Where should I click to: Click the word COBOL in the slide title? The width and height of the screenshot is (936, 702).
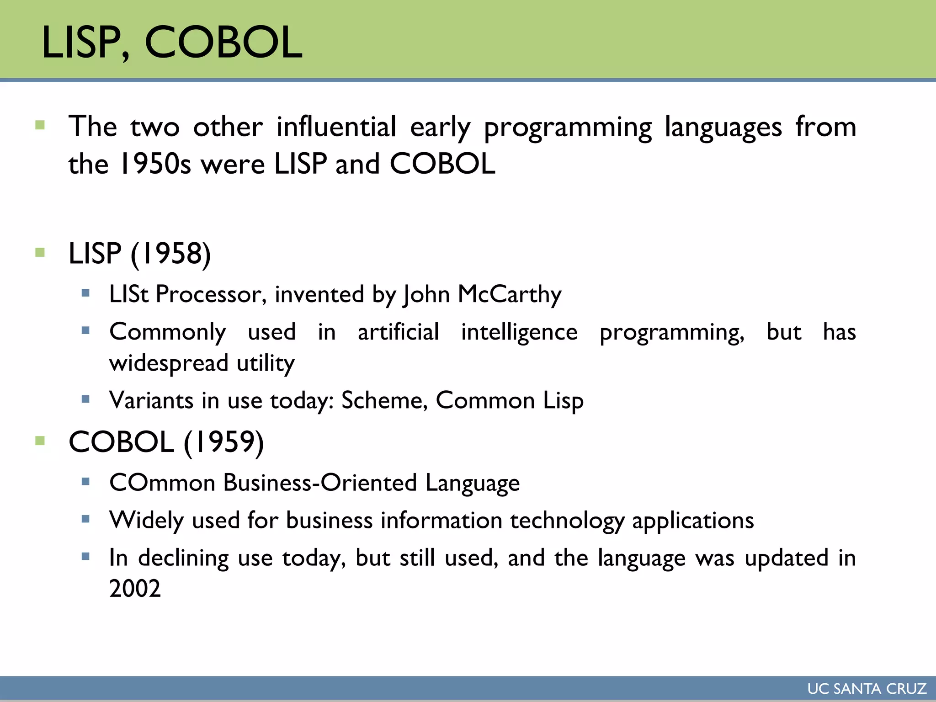point(223,42)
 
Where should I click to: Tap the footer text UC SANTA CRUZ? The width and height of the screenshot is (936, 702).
point(867,688)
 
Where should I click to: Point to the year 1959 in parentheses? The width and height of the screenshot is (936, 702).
point(223,442)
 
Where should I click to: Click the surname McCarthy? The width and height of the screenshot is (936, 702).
point(509,294)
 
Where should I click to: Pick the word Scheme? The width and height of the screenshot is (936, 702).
point(384,400)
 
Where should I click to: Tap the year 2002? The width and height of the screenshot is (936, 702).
point(135,588)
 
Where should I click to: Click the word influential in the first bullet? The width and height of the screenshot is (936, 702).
point(336,127)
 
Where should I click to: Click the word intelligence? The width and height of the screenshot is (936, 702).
point(519,332)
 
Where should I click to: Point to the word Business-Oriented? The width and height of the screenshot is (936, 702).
point(320,483)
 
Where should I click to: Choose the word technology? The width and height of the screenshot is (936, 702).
point(567,521)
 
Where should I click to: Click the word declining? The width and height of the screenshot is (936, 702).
point(183,558)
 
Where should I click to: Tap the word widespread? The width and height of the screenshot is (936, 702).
point(169,363)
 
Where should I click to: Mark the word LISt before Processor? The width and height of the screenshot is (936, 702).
point(129,294)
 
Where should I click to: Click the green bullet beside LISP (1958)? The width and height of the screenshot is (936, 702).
point(40,252)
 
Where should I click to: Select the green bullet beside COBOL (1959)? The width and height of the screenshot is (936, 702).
point(40,441)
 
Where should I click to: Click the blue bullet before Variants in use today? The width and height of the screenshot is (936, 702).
point(85,399)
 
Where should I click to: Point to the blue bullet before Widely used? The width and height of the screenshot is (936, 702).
point(85,519)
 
